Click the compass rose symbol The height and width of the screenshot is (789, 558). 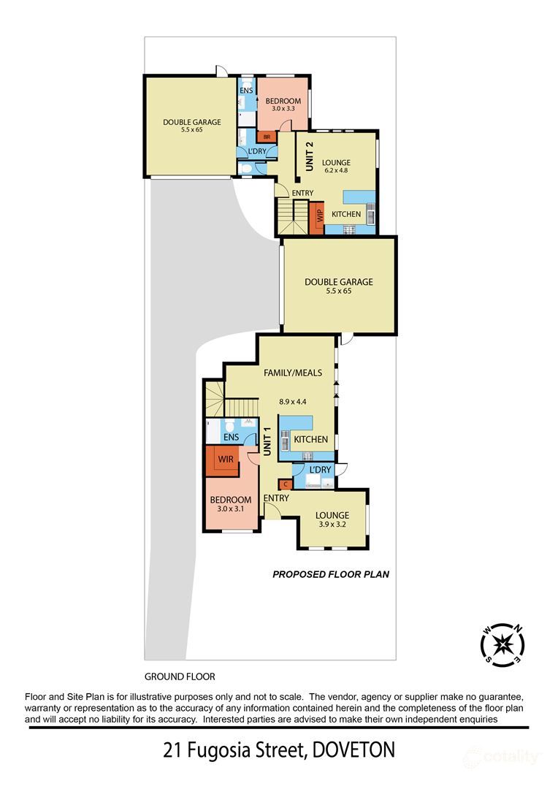(502, 644)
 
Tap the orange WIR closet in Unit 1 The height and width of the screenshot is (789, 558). (222, 460)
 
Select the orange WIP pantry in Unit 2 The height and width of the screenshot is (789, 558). (317, 218)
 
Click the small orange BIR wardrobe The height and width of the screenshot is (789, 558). (266, 137)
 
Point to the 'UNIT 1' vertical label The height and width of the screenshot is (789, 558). (267, 442)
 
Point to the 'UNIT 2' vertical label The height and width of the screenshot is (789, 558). (310, 156)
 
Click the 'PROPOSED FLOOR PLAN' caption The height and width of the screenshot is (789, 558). (331, 574)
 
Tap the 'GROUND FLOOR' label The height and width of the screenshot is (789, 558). (180, 676)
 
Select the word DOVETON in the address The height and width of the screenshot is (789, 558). (353, 750)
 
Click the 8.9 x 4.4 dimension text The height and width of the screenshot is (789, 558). (293, 402)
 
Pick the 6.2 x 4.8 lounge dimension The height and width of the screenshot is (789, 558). (336, 170)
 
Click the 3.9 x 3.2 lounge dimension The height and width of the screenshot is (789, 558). (332, 524)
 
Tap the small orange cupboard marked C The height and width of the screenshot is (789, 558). (286, 484)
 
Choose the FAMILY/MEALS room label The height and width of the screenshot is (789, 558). (293, 373)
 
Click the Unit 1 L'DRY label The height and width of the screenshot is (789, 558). (320, 470)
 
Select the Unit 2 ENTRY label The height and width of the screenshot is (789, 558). (302, 193)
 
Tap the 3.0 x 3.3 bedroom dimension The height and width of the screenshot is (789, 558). (283, 108)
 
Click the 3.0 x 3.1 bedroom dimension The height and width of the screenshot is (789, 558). (231, 508)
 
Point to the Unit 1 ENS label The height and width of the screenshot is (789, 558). (231, 437)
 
